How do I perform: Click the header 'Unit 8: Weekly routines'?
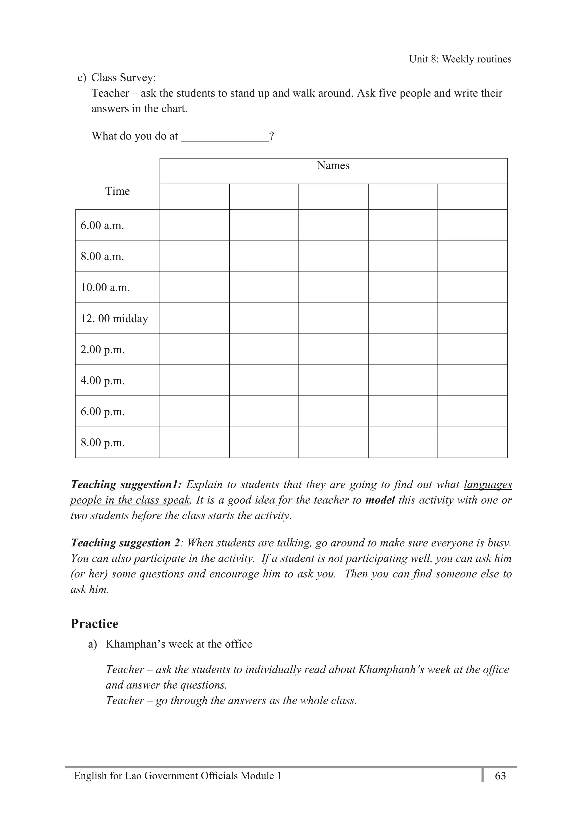[x=460, y=59]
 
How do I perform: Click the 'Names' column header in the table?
[x=333, y=165]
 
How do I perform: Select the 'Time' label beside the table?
[x=117, y=191]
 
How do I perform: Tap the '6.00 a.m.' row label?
[x=102, y=225]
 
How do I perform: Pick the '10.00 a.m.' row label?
[x=105, y=288]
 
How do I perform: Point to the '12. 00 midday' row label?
[x=114, y=318]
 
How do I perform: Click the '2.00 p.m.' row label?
[x=102, y=349]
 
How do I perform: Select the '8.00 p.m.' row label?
[x=102, y=442]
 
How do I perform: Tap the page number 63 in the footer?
[x=500, y=776]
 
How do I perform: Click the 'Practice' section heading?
[x=94, y=624]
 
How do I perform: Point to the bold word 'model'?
[x=380, y=500]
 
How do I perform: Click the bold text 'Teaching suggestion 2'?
[x=125, y=543]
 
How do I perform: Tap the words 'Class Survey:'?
[x=123, y=78]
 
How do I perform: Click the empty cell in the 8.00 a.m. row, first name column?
[x=195, y=256]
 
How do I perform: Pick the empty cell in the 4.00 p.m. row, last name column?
[x=472, y=380]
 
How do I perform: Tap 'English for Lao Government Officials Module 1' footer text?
[x=177, y=776]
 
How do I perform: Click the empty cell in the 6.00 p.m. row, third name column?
[x=333, y=411]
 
